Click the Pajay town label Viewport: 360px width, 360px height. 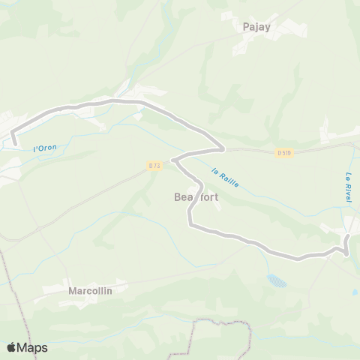(x=256, y=26)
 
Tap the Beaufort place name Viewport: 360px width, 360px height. (x=197, y=197)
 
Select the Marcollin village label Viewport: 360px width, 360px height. (x=89, y=290)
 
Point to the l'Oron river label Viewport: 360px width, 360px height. (x=45, y=148)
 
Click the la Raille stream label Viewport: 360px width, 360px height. (x=225, y=177)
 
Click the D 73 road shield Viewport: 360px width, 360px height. (x=154, y=165)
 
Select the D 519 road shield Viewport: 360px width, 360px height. (x=283, y=153)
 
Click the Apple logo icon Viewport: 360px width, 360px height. (x=13, y=347)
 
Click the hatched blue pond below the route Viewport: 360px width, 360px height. (x=277, y=280)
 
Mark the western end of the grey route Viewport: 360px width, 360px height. (x=14, y=142)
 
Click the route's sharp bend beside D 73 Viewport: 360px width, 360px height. (x=173, y=160)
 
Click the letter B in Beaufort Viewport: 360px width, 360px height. (x=178, y=197)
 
